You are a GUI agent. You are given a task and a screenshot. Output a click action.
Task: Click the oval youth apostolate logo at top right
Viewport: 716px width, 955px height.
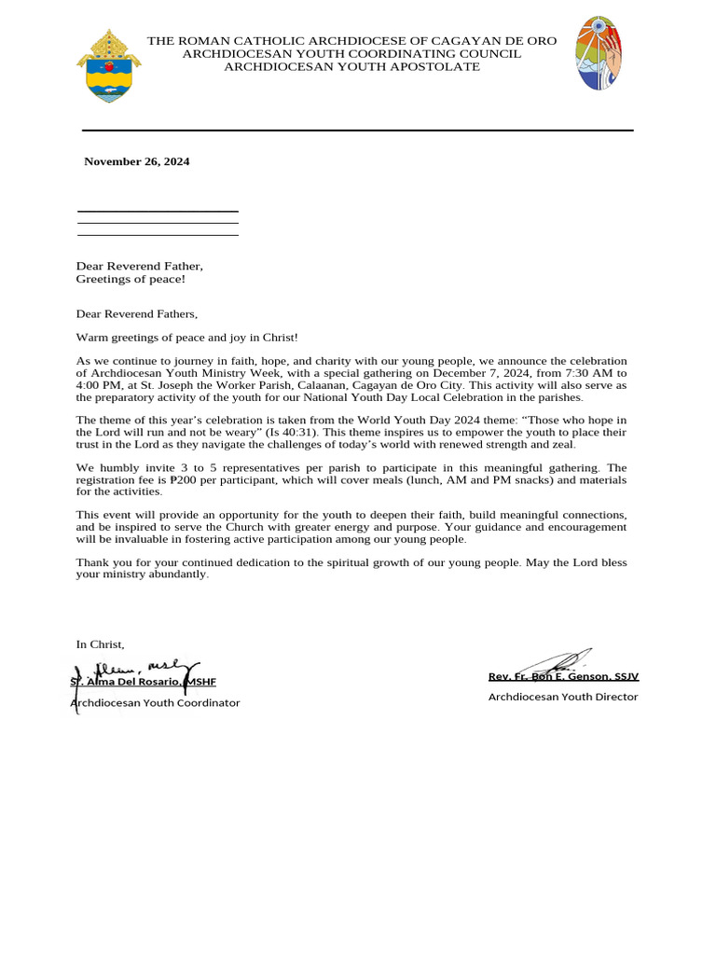[599, 53]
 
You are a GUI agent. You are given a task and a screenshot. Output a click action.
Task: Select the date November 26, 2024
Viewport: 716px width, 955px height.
[136, 161]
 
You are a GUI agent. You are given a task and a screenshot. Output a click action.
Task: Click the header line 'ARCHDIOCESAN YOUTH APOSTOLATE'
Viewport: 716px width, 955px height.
[351, 67]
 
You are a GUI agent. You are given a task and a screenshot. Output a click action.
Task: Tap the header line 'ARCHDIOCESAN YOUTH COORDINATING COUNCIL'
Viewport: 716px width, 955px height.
[351, 54]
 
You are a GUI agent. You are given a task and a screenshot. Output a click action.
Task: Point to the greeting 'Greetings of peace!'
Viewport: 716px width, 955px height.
[131, 279]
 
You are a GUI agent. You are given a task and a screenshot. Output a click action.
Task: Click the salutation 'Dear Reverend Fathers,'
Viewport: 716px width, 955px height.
[137, 314]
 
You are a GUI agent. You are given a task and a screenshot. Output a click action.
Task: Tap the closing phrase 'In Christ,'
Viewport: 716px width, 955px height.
[100, 644]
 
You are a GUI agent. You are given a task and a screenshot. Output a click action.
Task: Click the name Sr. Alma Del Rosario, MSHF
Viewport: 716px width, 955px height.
[144, 682]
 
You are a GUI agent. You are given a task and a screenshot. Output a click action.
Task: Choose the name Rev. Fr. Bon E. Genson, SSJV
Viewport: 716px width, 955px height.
[563, 676]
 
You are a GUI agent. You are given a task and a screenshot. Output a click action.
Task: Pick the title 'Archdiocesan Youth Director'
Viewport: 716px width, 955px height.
[563, 697]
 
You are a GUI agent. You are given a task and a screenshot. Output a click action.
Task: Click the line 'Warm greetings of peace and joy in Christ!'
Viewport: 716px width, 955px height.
[186, 337]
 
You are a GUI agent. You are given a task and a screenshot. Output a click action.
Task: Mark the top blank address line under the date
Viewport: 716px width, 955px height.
[157, 212]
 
